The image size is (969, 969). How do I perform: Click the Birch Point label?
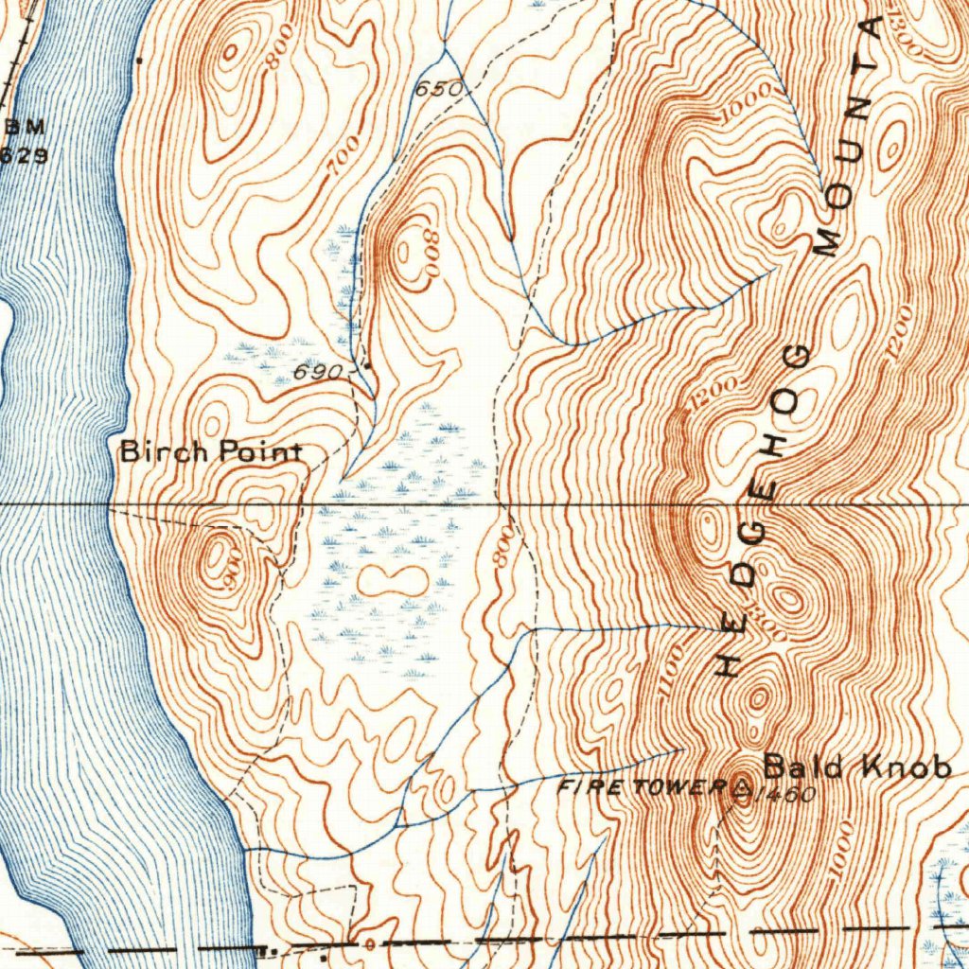point(210,452)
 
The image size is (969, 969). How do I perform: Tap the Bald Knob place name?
point(856,766)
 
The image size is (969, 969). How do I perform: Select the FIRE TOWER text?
point(641,786)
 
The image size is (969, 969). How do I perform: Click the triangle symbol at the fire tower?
point(742,785)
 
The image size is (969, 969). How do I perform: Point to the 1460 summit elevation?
point(784,795)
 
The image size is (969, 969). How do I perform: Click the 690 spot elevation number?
point(317,372)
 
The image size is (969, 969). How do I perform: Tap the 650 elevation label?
point(439,89)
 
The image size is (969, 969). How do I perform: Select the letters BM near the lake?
point(26,128)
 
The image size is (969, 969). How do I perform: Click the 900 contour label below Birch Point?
point(234,571)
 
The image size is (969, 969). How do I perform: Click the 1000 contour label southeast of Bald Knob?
point(838,853)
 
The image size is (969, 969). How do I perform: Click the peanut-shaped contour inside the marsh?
point(392,581)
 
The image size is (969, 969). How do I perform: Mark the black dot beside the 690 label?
point(367,366)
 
